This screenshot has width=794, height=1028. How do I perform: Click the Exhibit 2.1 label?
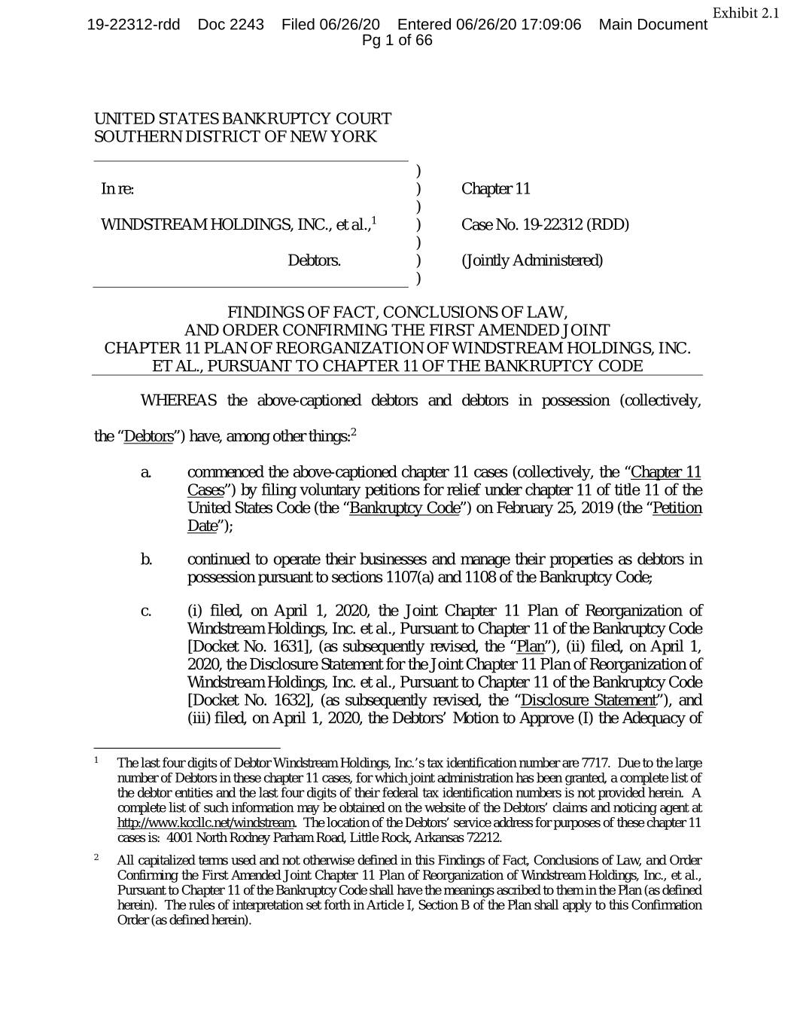745,14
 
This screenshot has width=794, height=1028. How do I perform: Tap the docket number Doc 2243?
230,25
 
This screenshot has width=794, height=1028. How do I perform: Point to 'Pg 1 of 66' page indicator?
397,41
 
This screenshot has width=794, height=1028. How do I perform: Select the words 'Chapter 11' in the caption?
496,188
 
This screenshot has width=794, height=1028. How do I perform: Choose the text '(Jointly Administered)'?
532,261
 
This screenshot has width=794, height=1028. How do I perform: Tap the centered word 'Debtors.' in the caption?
314,261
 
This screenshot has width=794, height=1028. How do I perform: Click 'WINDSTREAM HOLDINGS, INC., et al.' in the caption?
235,224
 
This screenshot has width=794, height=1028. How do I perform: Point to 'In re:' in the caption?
117,188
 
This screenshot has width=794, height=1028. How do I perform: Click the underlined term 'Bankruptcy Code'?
405,508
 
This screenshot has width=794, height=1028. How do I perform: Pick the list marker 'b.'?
147,560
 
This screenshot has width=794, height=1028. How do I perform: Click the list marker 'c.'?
146,611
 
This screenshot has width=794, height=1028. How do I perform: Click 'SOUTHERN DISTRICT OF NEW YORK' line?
235,137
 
